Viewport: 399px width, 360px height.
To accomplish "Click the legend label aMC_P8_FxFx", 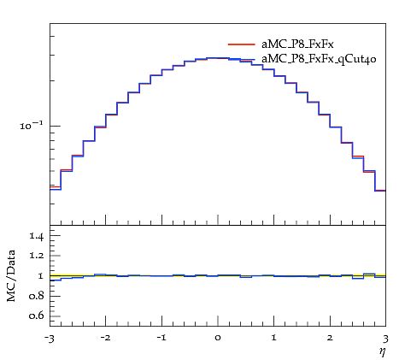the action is [x=297, y=44].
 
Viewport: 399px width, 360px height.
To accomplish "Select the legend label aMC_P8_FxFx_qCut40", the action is [x=319, y=59].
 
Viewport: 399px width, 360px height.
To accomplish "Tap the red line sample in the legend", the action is [x=241, y=44].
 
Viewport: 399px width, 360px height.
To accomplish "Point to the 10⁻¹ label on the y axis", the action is [x=32, y=125].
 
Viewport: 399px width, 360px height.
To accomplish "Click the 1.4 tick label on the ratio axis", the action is [x=37, y=236].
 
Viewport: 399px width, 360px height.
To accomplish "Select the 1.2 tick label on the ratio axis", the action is [x=37, y=256].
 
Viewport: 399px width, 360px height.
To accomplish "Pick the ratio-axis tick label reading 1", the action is [x=40, y=275].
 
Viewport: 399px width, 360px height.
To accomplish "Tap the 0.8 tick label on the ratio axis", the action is [x=37, y=296].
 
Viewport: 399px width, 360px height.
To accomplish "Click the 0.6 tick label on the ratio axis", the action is [x=37, y=316].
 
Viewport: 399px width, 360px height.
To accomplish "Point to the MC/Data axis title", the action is [x=11, y=275].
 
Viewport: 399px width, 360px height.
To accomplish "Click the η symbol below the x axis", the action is [x=382, y=351].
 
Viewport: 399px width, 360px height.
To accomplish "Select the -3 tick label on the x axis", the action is [x=50, y=339].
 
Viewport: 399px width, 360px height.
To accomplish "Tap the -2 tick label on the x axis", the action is [x=105, y=338].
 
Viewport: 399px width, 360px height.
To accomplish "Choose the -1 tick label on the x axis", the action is [x=161, y=338].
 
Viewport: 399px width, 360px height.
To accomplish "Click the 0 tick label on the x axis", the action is [x=218, y=338].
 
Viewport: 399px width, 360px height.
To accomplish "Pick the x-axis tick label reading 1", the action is [x=273, y=338].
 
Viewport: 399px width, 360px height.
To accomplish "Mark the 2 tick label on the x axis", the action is [x=330, y=338].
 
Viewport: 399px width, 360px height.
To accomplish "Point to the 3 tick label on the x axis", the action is [x=385, y=339].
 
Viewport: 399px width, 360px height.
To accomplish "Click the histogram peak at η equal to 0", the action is [x=218, y=58].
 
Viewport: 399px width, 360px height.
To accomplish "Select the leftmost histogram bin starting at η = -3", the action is [x=56, y=188].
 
